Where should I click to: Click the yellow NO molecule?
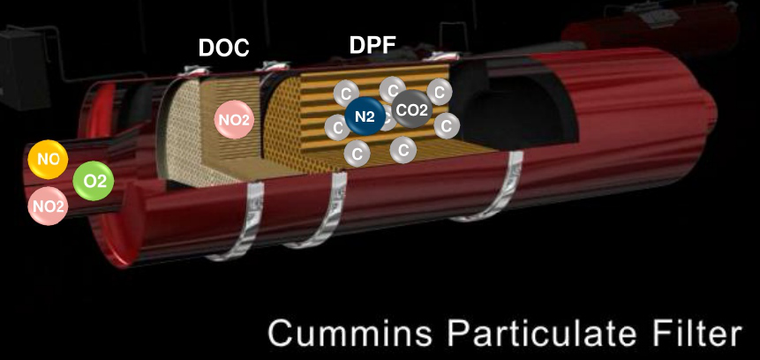[48, 159]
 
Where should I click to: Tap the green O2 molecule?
[94, 181]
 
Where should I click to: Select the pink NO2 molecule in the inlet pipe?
[48, 206]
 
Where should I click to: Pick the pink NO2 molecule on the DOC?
[234, 119]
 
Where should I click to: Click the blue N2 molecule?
[365, 116]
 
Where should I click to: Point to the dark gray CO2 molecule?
[412, 109]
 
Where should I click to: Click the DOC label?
[223, 48]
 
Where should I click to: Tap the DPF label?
[372, 45]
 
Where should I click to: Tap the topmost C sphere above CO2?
[393, 90]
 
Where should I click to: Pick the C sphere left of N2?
[336, 127]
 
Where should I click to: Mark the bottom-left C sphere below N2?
[357, 154]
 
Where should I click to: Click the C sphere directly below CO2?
[403, 150]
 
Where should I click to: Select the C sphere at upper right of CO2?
[439, 92]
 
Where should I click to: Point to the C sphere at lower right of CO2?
[447, 126]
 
